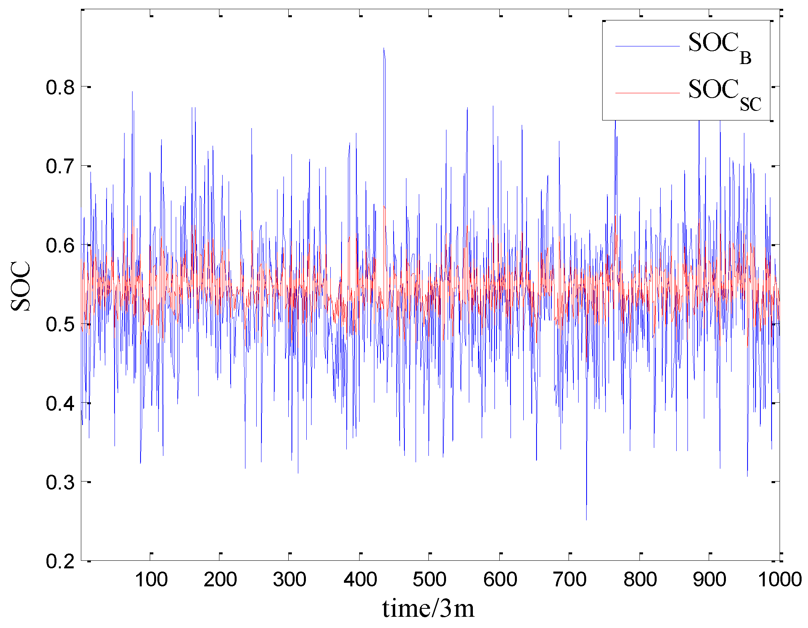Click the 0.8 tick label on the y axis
[60, 87]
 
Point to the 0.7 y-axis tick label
[60, 167]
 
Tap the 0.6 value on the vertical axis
[60, 245]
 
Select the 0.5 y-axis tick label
[60, 324]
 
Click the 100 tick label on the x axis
[151, 580]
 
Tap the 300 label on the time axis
[289, 580]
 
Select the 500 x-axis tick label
[429, 580]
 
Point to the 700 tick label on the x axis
[569, 580]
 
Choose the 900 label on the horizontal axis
[709, 580]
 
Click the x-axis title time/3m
[428, 609]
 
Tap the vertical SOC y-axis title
[21, 286]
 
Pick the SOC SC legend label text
[724, 94]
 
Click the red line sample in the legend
[647, 93]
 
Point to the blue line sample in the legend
[647, 46]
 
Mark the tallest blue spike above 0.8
[384, 49]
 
